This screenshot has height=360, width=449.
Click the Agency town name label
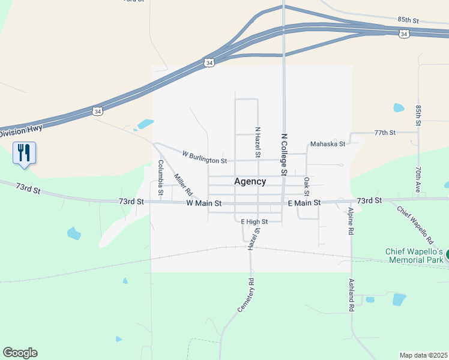(x=250, y=181)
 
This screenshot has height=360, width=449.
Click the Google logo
(x=20, y=353)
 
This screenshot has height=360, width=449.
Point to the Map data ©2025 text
(x=423, y=355)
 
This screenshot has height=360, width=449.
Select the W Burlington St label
(x=204, y=157)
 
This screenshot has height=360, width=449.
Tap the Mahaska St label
(x=327, y=144)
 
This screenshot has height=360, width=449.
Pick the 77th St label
(x=385, y=132)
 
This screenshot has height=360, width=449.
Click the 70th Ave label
(x=417, y=178)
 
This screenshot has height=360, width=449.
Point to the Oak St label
(x=306, y=186)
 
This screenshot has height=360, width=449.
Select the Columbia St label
(x=160, y=178)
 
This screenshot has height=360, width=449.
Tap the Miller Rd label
(x=182, y=185)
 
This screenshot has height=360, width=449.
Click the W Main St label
(x=204, y=203)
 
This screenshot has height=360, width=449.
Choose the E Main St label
(x=304, y=203)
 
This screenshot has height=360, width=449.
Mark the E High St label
(x=253, y=221)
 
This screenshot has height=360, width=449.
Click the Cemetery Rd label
(x=246, y=295)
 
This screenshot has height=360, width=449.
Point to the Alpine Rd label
(x=350, y=220)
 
